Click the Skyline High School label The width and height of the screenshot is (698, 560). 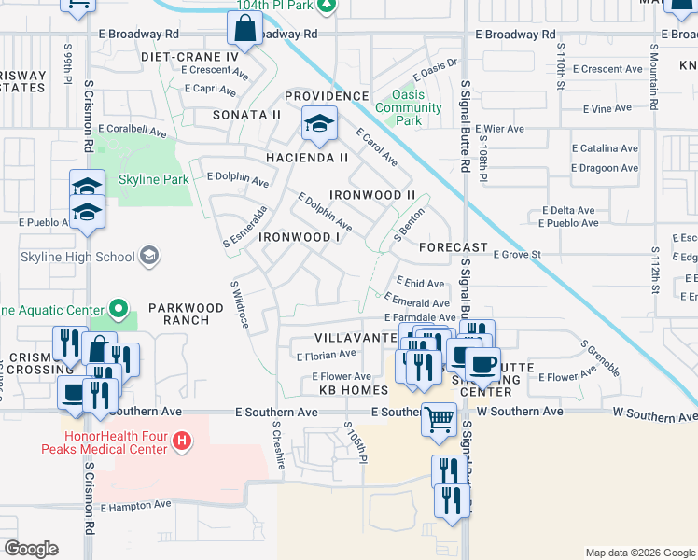77,257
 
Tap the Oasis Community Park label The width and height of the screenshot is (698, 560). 408,107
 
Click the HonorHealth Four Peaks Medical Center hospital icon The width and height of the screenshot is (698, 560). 183,440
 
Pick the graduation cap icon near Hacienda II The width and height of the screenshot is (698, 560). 319,125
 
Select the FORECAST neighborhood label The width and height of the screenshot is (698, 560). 454,248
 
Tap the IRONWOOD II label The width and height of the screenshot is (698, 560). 371,194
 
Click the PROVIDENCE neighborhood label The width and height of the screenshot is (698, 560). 327,96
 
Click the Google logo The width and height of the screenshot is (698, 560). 32,549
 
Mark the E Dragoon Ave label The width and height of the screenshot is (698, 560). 605,168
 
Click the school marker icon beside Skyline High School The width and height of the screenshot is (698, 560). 148,256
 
